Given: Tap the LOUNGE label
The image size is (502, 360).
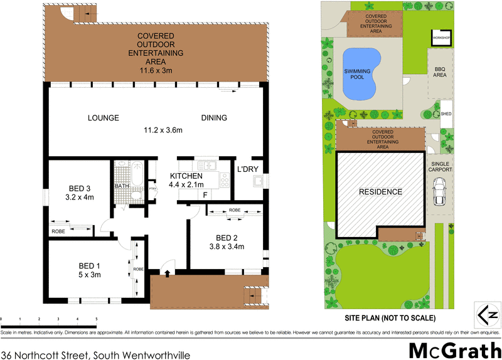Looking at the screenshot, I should [x=103, y=118].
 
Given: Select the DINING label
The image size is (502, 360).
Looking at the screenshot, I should [x=214, y=118].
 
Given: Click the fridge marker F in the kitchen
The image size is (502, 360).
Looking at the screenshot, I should [x=205, y=195].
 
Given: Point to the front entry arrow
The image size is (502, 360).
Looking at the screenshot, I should [x=168, y=272].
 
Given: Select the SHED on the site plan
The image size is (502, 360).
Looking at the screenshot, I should [x=446, y=114].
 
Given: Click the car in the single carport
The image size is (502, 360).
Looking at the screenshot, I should [x=439, y=191].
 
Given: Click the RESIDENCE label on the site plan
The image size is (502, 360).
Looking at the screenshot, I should [x=380, y=192].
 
